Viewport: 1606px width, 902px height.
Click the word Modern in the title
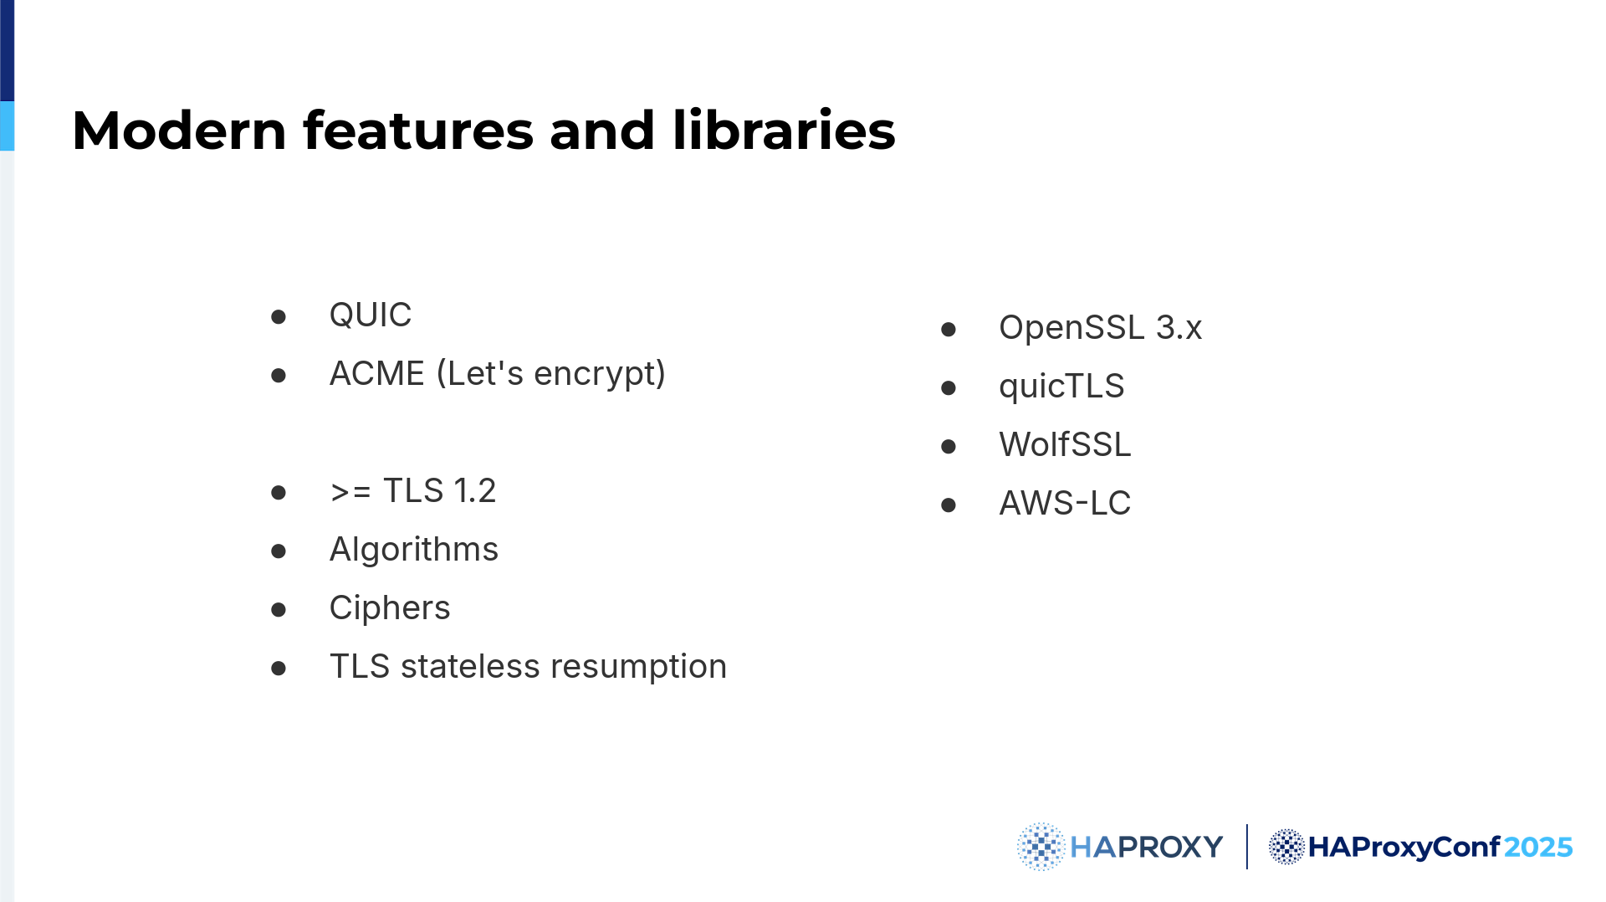pyautogui.click(x=180, y=131)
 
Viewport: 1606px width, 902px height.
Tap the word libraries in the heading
pyautogui.click(x=784, y=131)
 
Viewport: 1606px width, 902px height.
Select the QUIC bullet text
pyautogui.click(x=371, y=315)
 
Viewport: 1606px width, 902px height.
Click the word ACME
pyautogui.click(x=377, y=373)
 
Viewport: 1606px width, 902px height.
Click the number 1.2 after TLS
pyautogui.click(x=475, y=491)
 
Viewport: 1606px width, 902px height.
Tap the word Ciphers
pyautogui.click(x=390, y=608)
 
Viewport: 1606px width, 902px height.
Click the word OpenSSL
pyautogui.click(x=1072, y=328)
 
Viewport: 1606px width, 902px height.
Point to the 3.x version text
pyautogui.click(x=1179, y=328)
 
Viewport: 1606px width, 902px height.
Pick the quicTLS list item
pyautogui.click(x=1061, y=387)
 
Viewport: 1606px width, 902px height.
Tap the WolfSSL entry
pyautogui.click(x=1065, y=445)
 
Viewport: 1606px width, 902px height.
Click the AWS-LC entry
pyautogui.click(x=1065, y=504)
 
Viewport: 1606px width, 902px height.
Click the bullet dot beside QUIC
pyautogui.click(x=279, y=317)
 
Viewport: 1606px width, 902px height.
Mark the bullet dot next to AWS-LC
pyautogui.click(x=949, y=505)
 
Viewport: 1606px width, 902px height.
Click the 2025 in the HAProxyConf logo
pyautogui.click(x=1538, y=848)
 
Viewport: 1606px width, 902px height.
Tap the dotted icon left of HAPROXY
pyautogui.click(x=1041, y=847)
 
